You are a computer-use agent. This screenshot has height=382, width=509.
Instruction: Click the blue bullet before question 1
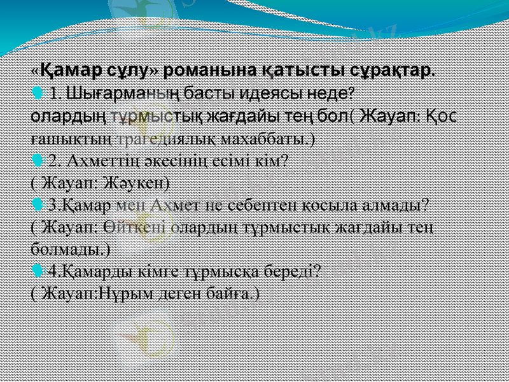pos(37,94)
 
